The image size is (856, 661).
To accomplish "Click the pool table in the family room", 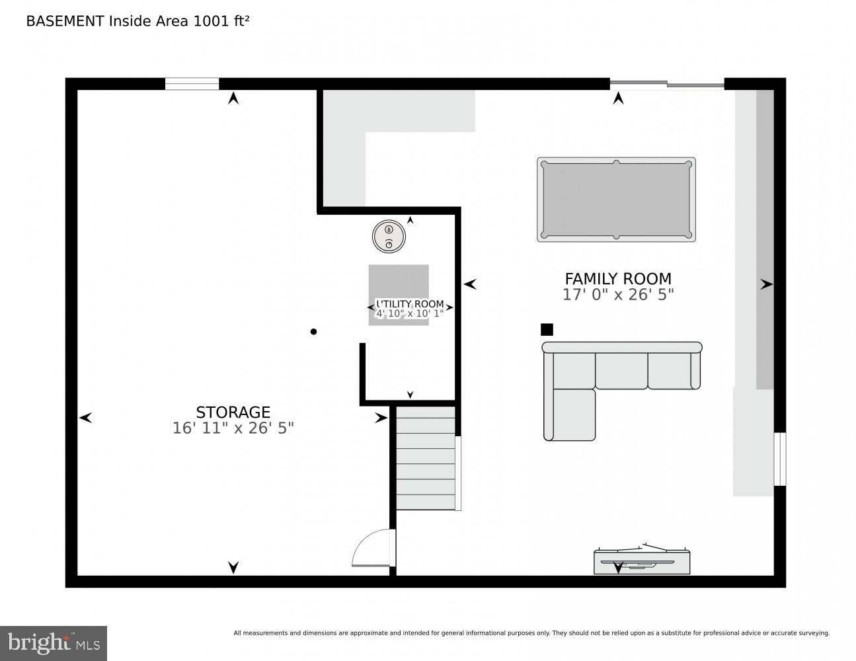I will pos(616,200).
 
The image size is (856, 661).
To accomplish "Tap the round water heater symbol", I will pos(389,236).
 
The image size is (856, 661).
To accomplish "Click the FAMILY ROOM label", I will pos(617,279).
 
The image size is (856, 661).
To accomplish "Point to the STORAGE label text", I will pos(233,412).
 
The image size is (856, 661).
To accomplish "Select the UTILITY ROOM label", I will pos(410,304).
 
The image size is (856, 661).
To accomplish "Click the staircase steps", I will pos(426,458).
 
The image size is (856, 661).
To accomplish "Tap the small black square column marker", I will pos(547,329).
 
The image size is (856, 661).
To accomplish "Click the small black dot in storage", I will pos(313,332).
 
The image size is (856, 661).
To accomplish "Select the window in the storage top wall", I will pos(192,84).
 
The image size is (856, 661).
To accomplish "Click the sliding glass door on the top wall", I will pos(666,84).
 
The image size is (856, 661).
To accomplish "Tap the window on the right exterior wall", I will pos(780,459).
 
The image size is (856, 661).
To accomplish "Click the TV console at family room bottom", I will pos(641,562).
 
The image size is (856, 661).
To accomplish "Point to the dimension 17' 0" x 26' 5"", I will pos(617,295).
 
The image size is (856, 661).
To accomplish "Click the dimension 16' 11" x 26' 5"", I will pos(233,428).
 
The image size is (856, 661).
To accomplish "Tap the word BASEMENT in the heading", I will pos(65,21).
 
